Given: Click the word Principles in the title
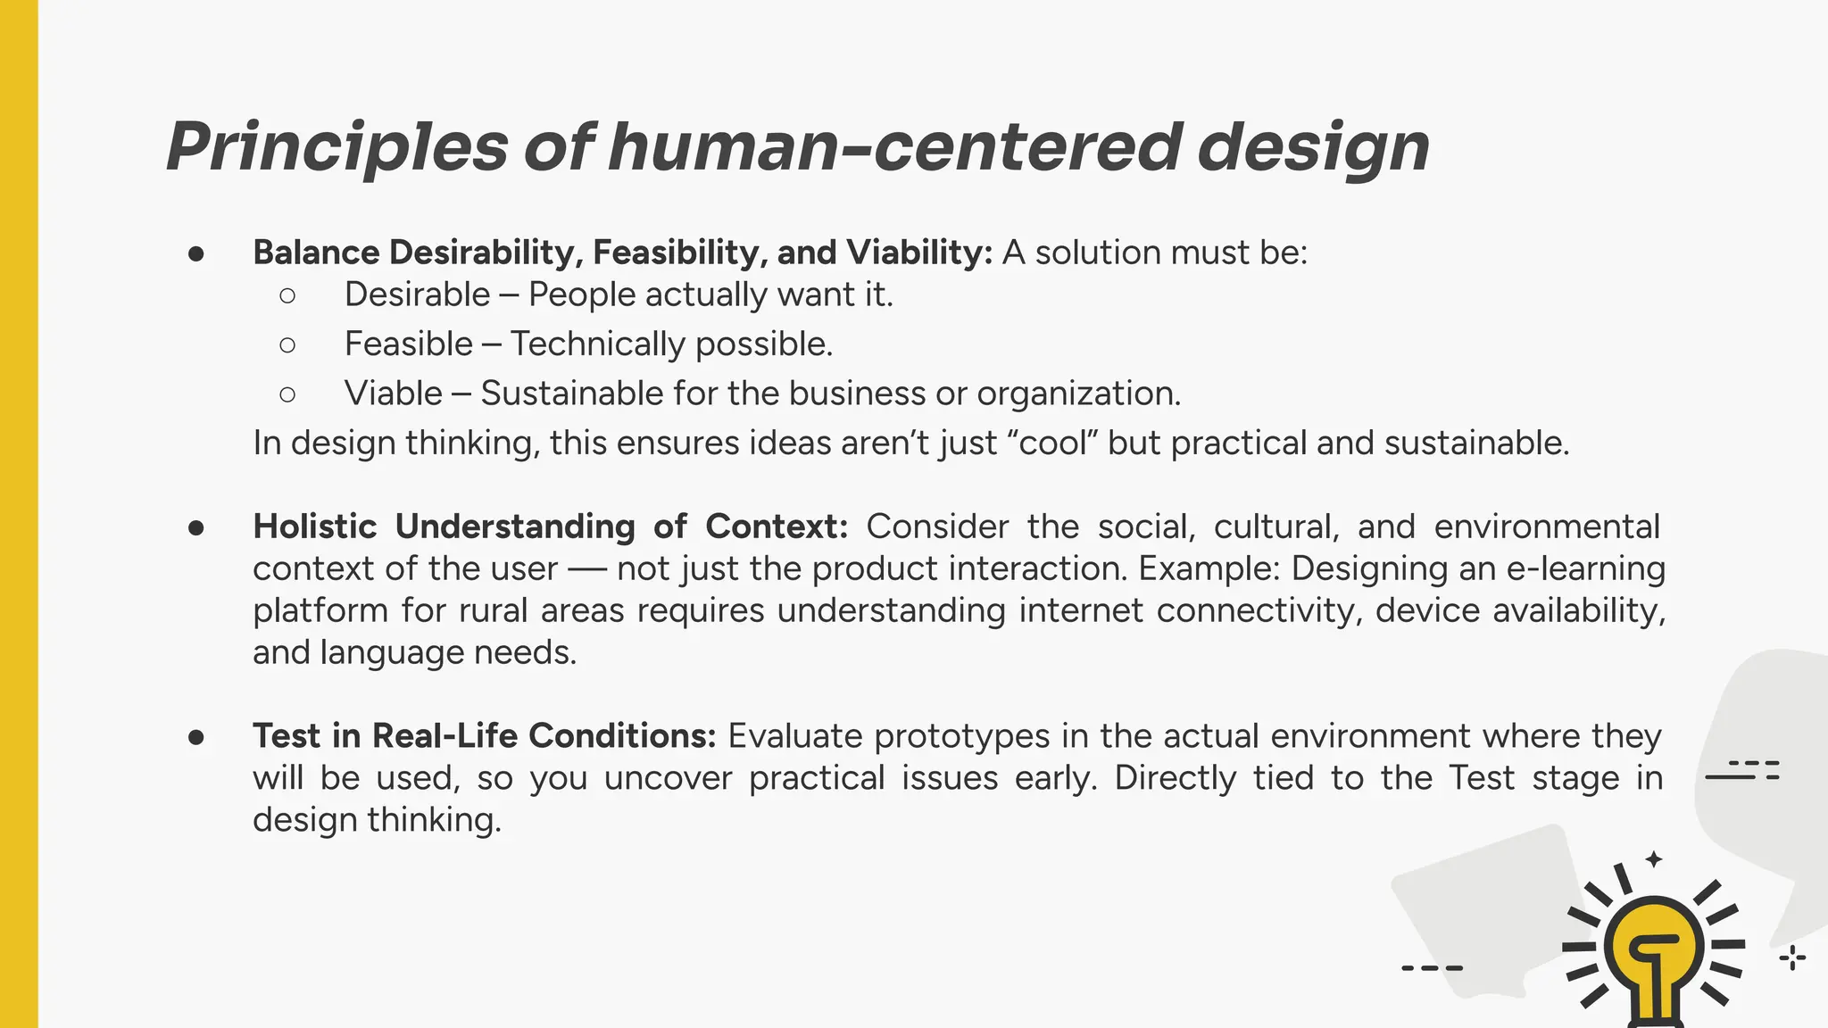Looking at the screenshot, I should coord(337,147).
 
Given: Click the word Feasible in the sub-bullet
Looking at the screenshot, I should coord(409,344).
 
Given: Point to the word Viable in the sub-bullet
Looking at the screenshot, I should coord(394,393).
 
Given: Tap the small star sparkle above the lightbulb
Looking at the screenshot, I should coord(1654,859).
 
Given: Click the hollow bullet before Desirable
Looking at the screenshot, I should coord(287,295).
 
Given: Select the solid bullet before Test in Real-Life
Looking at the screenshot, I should coord(197,737).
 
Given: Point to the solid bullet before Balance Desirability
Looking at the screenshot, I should coord(197,253).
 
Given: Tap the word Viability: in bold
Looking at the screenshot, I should coord(919,253).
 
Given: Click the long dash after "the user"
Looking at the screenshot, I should coord(586,569).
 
